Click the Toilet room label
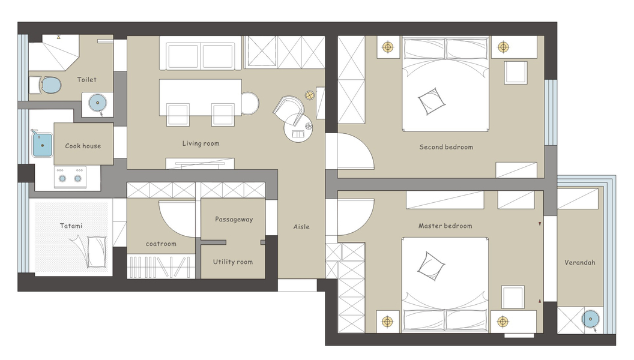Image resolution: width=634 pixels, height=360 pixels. click(87, 80)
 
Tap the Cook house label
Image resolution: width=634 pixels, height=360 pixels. click(83, 146)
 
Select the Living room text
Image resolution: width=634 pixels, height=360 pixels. click(201, 143)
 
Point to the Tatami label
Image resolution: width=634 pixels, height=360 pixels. click(71, 226)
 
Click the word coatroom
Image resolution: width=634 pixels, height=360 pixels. click(161, 244)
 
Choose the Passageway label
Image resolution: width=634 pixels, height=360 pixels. click(234, 220)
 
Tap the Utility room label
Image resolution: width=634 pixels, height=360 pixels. click(233, 262)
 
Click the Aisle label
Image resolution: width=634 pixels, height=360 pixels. click(301, 227)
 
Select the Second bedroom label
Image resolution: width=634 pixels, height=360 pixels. click(446, 147)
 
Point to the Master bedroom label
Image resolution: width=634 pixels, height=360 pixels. click(445, 226)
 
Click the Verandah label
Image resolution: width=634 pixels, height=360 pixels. click(580, 263)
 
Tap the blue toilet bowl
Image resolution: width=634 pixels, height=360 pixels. click(51, 85)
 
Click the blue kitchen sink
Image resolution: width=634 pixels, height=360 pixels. click(42, 145)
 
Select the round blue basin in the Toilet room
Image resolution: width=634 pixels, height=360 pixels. click(97, 103)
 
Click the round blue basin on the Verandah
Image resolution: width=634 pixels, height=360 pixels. click(590, 319)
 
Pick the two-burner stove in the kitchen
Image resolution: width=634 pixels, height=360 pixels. click(70, 178)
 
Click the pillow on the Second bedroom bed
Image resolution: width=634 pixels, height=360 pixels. click(432, 101)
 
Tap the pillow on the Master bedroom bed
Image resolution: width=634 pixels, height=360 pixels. click(430, 266)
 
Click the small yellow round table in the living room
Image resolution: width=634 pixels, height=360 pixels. click(309, 95)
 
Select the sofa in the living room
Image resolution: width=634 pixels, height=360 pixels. click(201, 53)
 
